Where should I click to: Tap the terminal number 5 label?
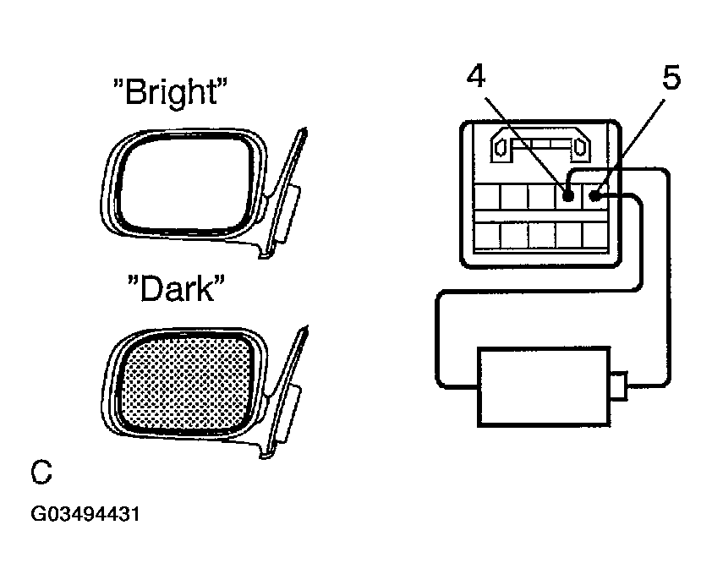coord(671,77)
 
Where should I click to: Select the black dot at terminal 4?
coord(568,196)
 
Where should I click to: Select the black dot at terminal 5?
coord(594,196)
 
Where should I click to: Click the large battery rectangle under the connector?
coord(544,387)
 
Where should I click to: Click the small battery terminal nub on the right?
coord(619,385)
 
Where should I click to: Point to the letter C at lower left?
coord(41,473)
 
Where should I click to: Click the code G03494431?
coord(85,514)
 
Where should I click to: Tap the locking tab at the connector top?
coord(540,145)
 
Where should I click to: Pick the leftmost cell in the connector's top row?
coord(487,197)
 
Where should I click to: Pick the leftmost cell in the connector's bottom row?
coord(487,236)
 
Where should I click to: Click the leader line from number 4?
coord(526,144)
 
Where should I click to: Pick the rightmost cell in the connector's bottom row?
coord(595,236)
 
